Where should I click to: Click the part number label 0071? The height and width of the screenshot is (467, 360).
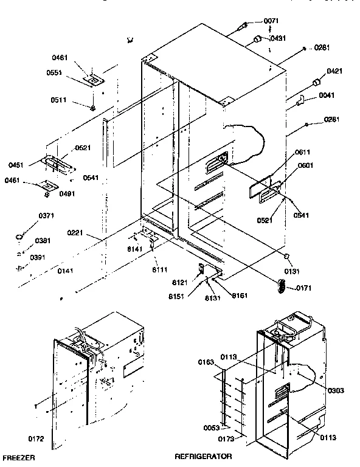pos(271,21)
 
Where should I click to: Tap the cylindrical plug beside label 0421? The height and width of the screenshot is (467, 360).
pos(316,82)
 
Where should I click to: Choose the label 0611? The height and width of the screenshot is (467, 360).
pos(304,153)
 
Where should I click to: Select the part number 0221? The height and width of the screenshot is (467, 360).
pos(92,232)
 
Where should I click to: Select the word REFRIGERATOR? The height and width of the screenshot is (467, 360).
pos(202,455)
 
